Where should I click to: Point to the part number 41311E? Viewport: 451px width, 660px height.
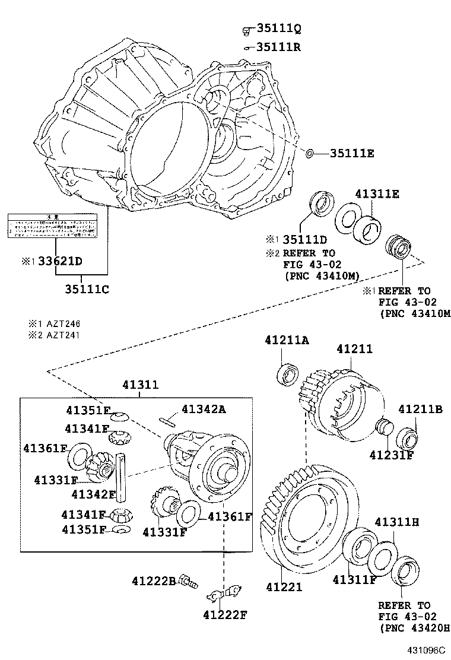coord(377,193)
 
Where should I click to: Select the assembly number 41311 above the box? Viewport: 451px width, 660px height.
coord(141,385)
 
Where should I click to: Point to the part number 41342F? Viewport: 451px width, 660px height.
coord(94,493)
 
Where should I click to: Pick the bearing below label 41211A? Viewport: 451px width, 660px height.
coord(289,375)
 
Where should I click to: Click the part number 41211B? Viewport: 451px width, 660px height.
coord(420,409)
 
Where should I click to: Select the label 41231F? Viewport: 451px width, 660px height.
coord(391,455)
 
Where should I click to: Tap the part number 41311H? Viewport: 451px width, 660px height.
coord(397,522)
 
